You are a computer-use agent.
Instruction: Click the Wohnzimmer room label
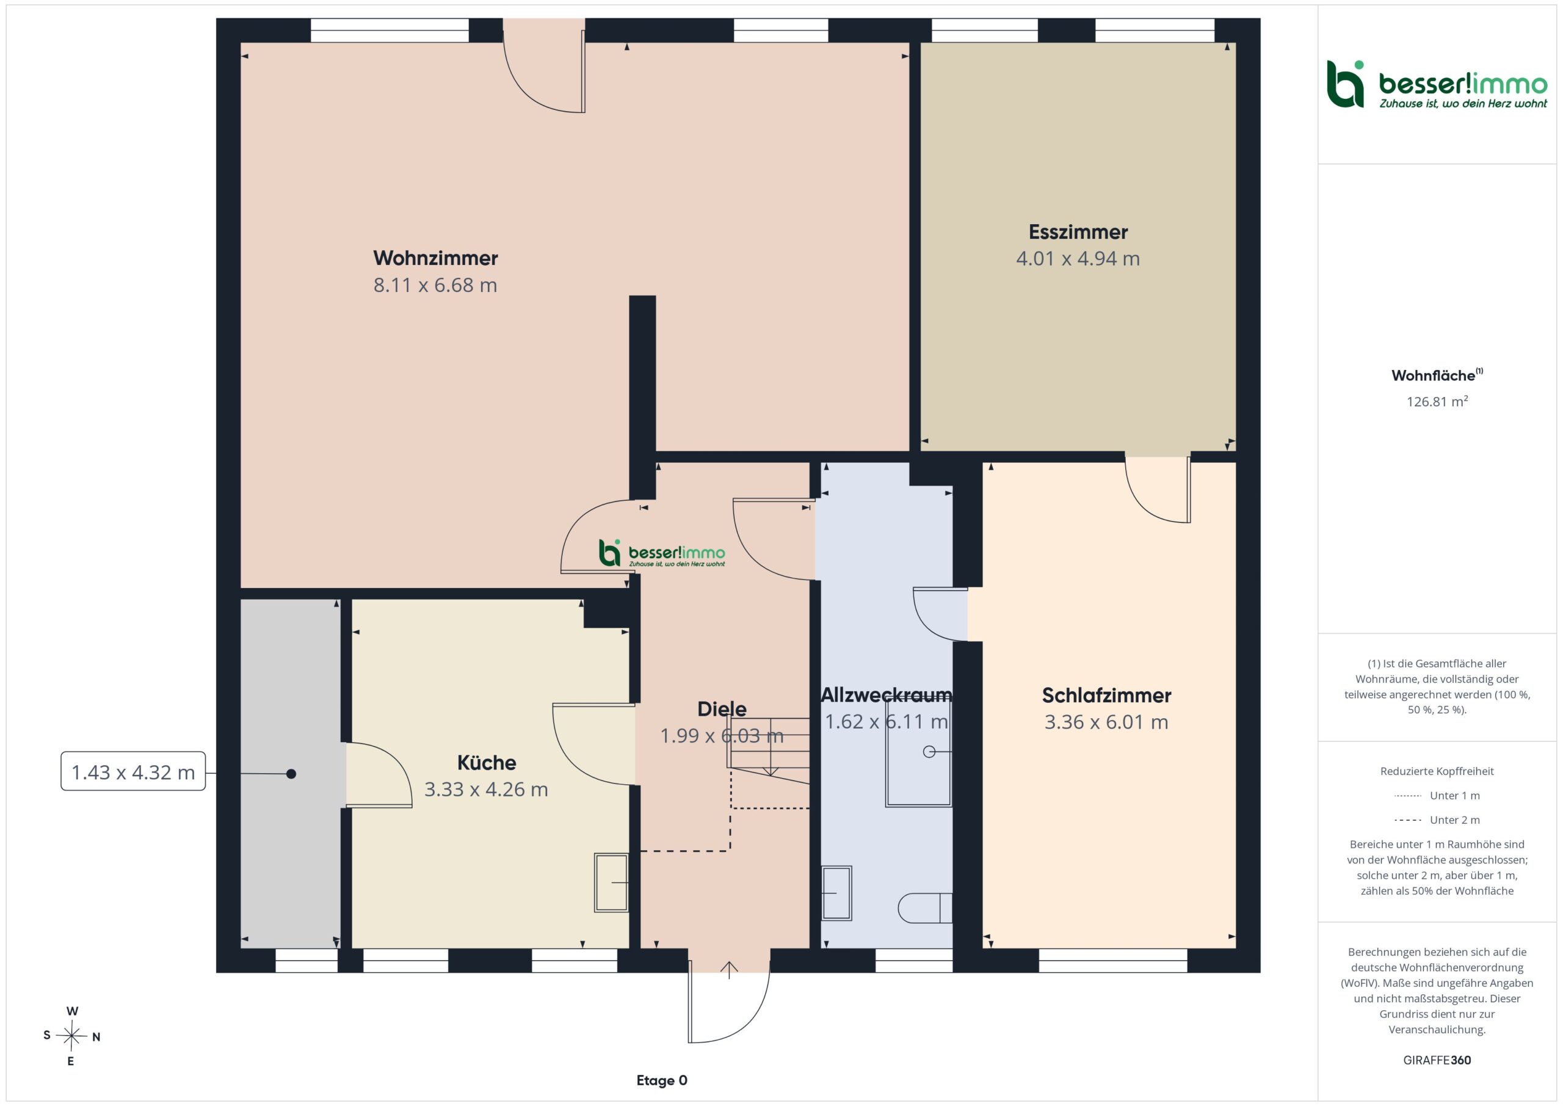coord(436,258)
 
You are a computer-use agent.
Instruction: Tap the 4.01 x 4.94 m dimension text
coord(1078,259)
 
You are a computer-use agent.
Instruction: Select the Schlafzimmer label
coord(1106,696)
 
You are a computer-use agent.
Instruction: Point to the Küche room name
coord(486,762)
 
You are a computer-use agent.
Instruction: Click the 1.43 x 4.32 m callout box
coord(134,771)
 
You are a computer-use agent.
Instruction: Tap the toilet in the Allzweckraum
coord(925,907)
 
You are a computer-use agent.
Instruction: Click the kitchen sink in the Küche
coord(611,882)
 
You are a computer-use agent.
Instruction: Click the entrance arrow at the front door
coord(729,970)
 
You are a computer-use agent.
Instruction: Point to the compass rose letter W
coord(72,1011)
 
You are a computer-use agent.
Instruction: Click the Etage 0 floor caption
coord(662,1080)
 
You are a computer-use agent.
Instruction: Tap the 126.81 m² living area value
coord(1437,401)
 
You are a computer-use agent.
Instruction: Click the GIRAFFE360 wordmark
coord(1437,1060)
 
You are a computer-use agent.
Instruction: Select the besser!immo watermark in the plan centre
coord(662,553)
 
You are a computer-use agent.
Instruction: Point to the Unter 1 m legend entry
coord(1437,795)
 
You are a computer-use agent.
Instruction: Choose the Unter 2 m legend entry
coord(1437,820)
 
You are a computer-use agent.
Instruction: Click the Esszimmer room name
coord(1078,231)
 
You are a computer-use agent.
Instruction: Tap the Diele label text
coord(722,709)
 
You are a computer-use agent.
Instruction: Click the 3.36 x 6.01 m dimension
coord(1106,722)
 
